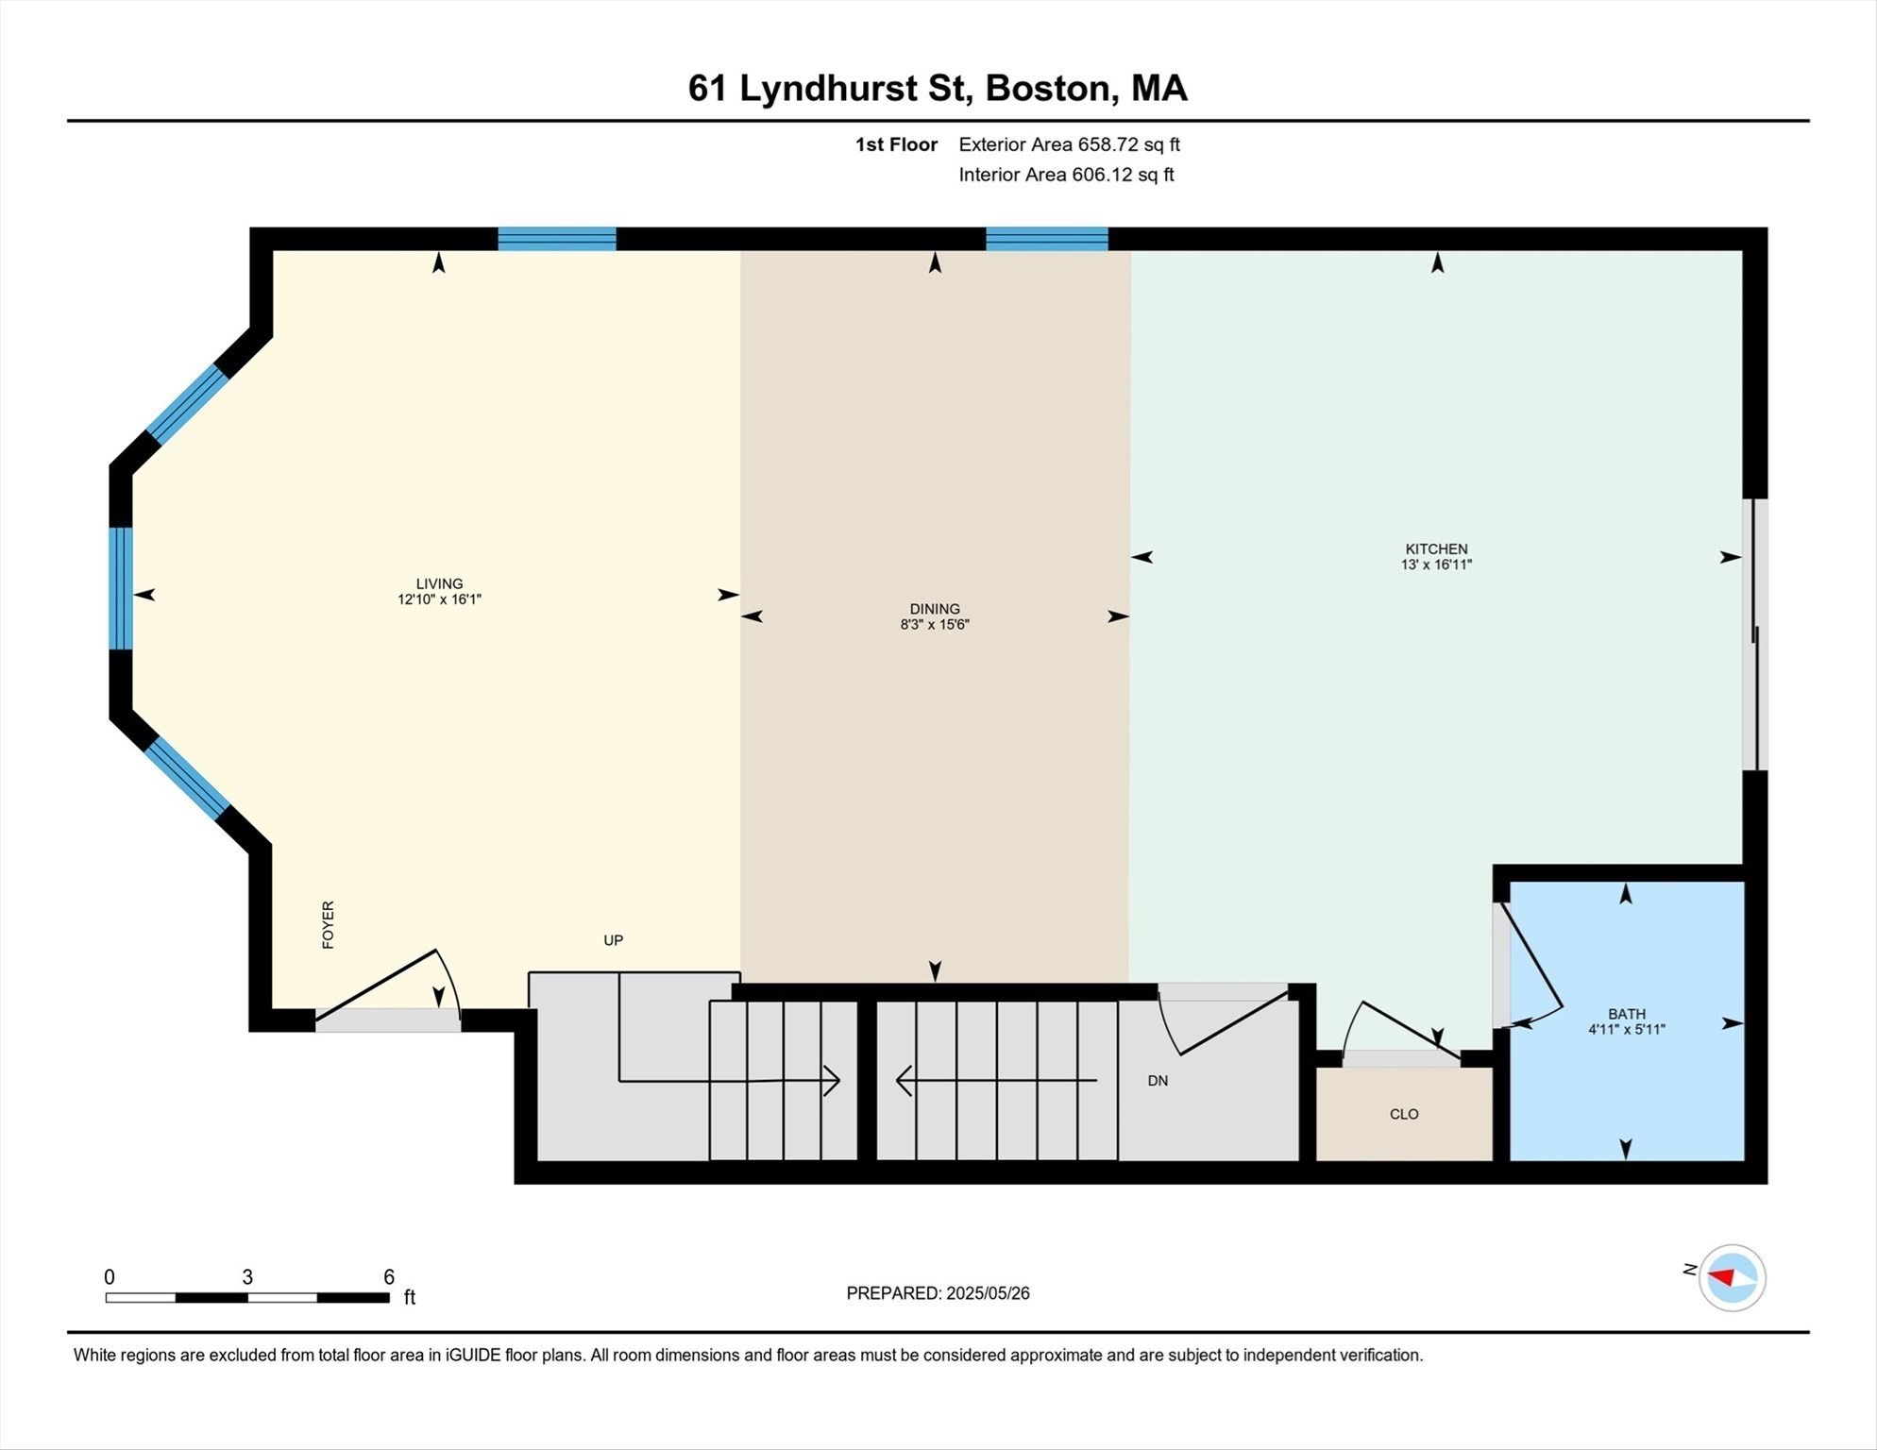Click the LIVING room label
pyautogui.click(x=439, y=583)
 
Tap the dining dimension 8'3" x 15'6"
pyautogui.click(x=935, y=625)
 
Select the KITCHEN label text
pyautogui.click(x=1436, y=548)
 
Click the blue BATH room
pyautogui.click(x=1626, y=1086)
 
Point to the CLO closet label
pyautogui.click(x=1404, y=1114)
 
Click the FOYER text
pyautogui.click(x=328, y=924)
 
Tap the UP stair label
pyautogui.click(x=613, y=940)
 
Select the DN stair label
pyautogui.click(x=1158, y=1081)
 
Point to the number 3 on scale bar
pyautogui.click(x=247, y=1277)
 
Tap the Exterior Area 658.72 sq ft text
pyautogui.click(x=1069, y=144)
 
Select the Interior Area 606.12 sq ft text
pyautogui.click(x=1066, y=175)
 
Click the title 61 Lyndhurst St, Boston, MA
pyautogui.click(x=938, y=88)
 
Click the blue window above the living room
pyautogui.click(x=557, y=238)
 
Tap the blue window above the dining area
pyautogui.click(x=1046, y=238)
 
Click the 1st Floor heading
pyautogui.click(x=896, y=144)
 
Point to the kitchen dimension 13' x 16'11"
pyautogui.click(x=1436, y=565)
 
